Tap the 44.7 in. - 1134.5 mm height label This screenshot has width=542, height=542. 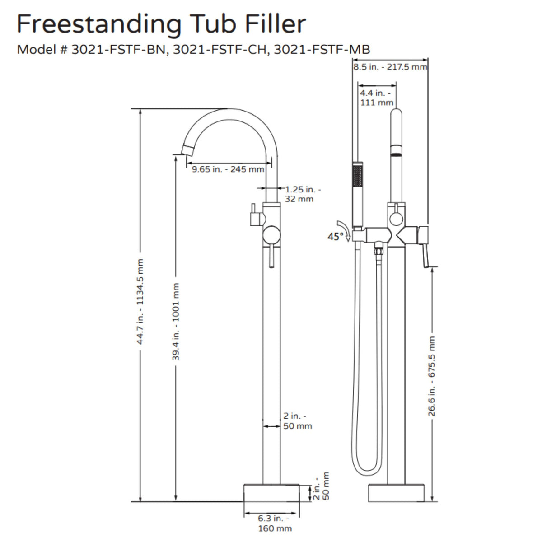click(140, 302)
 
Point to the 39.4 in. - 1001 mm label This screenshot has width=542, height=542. click(176, 322)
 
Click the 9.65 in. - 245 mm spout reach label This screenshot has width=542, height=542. click(228, 169)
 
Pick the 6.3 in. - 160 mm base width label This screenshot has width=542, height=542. click(271, 523)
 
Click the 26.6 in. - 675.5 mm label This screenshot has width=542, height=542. click(432, 376)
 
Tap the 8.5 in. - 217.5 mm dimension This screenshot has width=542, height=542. click(390, 67)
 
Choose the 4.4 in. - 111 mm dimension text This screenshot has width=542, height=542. click(376, 98)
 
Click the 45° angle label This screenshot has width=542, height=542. click(336, 236)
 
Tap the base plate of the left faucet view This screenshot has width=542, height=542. click(271, 493)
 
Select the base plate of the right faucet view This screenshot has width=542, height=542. click(396, 493)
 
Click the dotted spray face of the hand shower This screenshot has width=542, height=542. click(358, 175)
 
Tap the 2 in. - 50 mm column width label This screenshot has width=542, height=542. click(297, 421)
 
